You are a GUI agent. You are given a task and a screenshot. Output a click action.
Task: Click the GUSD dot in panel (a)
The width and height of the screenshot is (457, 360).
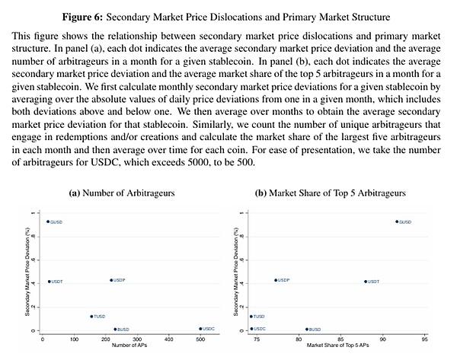pos(48,221)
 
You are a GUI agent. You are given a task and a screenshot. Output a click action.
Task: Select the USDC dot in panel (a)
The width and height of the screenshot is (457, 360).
pos(200,329)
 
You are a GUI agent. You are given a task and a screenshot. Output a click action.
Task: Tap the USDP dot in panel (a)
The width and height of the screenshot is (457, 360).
pos(111,280)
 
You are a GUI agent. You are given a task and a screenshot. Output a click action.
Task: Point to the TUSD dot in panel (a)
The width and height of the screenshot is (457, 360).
pos(91,316)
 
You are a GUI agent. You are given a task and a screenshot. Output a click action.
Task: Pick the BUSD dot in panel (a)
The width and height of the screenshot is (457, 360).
pos(115,330)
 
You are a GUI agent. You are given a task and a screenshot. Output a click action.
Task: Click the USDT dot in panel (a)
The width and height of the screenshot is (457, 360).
pos(49,282)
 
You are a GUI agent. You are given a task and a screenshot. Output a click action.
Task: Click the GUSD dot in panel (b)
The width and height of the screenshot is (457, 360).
pos(396,221)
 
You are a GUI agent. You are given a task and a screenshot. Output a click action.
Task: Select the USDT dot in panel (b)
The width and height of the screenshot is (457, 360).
pos(365,282)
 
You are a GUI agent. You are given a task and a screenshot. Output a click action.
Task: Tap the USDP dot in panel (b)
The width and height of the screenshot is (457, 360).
pos(276,280)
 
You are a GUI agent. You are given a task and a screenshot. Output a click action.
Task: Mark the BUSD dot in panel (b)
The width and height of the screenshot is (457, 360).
pos(306,330)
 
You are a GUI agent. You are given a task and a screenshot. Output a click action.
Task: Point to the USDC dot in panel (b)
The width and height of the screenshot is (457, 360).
pos(251,329)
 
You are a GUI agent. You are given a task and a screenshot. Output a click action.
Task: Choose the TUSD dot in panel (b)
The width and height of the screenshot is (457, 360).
pos(251,316)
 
